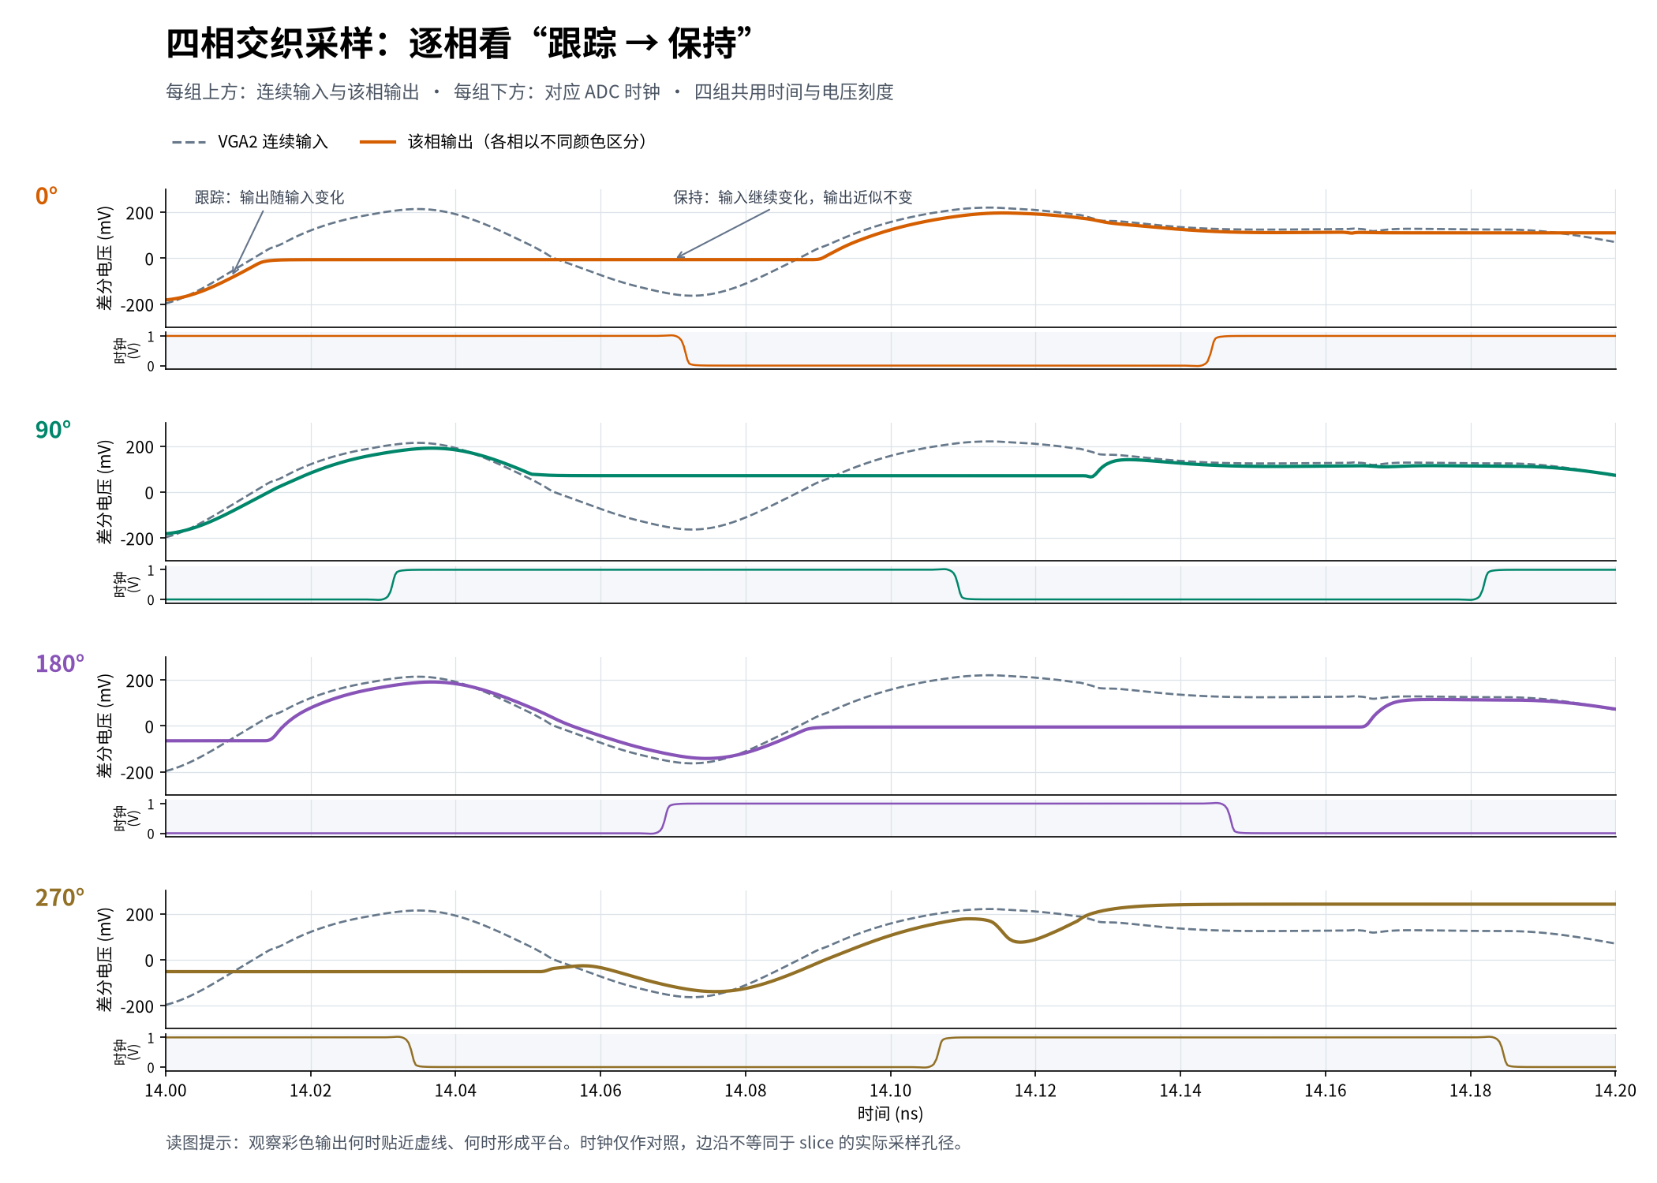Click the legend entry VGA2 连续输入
249,142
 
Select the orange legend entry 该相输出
503,142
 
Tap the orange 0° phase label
47,196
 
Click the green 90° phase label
53,430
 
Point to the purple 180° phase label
60,664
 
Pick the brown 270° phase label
60,898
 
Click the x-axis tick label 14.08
745,1091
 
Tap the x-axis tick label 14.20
1615,1091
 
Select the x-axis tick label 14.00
166,1091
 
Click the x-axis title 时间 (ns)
890,1114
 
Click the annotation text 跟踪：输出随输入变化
270,197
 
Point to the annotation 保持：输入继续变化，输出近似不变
792,197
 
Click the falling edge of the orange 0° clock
685,350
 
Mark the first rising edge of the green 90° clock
392,585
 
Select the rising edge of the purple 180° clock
664,819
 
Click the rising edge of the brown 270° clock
939,1053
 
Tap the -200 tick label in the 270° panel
137,1007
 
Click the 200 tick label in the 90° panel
140,447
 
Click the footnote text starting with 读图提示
565,1143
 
